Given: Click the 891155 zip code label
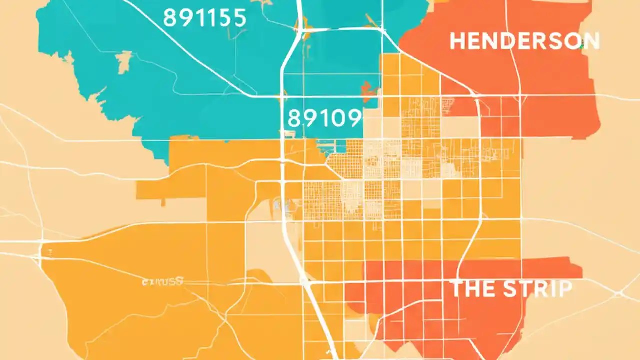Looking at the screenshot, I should (205, 18).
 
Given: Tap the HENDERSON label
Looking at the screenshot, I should (524, 41).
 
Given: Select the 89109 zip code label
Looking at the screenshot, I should (324, 118).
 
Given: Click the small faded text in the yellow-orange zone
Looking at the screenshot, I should (163, 281).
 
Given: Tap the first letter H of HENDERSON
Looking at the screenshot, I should (457, 41).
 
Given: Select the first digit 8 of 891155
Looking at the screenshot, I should (170, 18).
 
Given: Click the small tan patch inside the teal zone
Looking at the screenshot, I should (123, 62).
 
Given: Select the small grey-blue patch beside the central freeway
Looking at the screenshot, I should (278, 205).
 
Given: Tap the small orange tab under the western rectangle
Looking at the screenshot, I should (163, 202).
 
